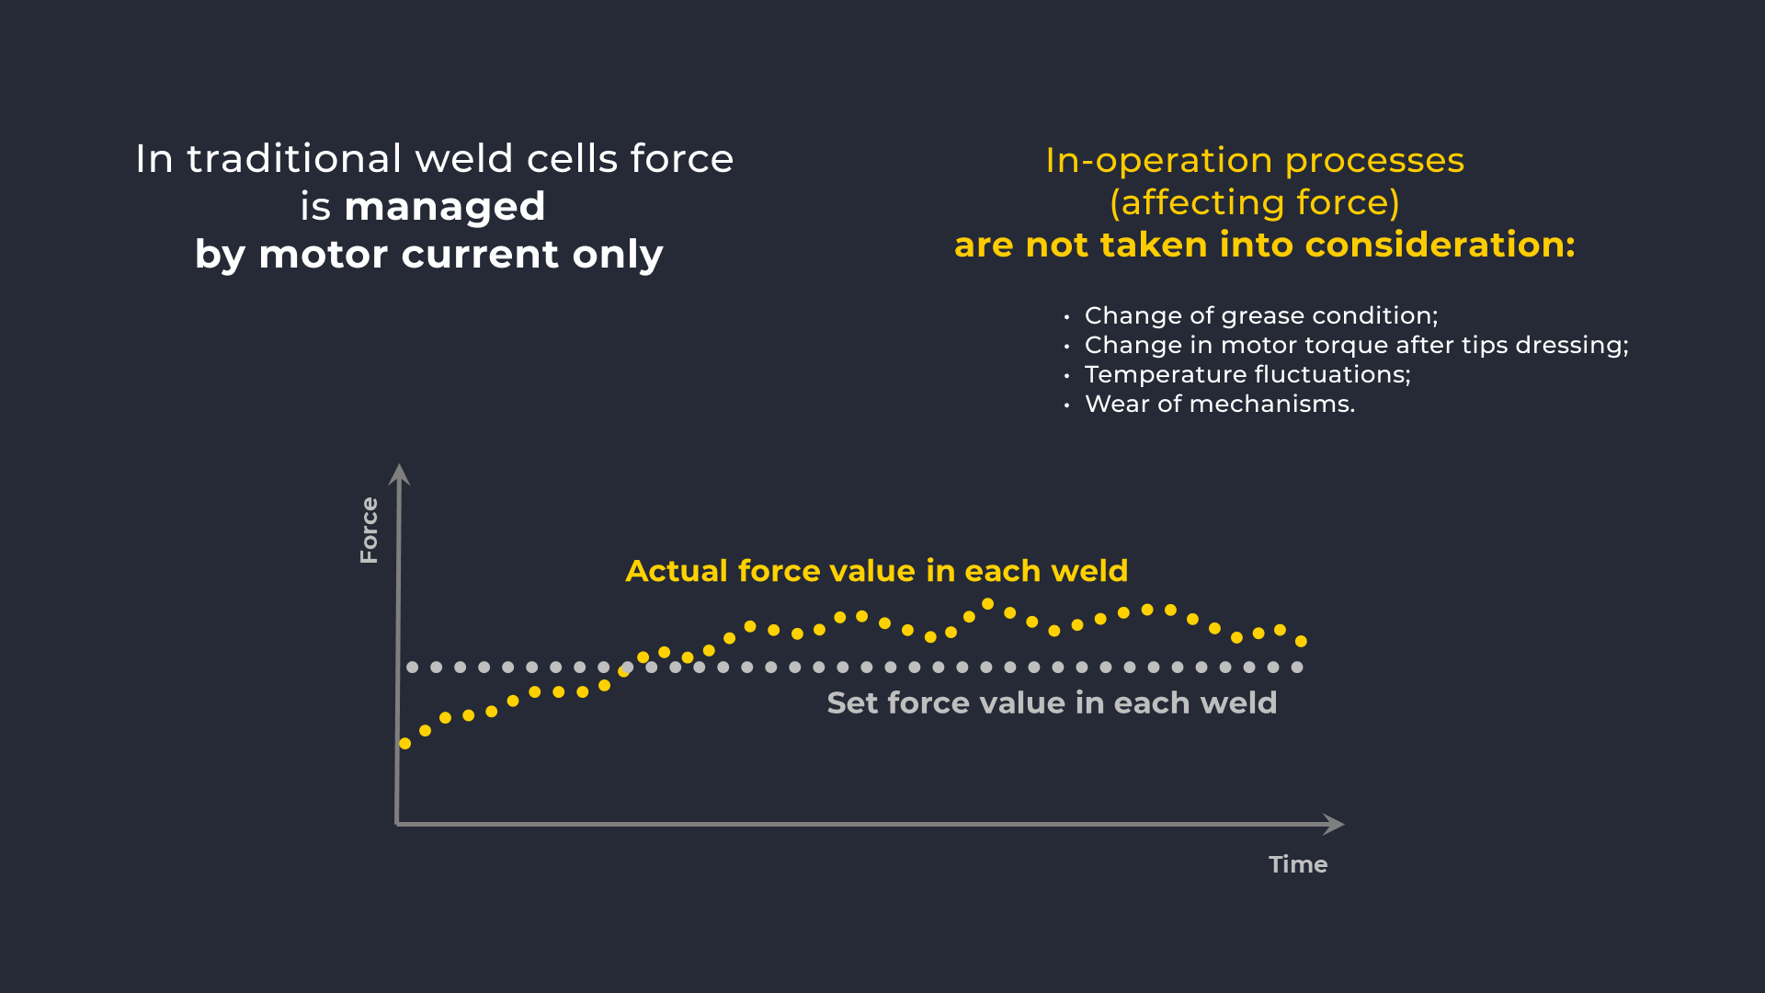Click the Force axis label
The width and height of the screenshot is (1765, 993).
click(369, 531)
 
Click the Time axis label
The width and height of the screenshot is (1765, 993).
click(1297, 864)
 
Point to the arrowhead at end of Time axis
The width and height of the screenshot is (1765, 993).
click(1334, 824)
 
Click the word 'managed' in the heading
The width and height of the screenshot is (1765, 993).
click(444, 207)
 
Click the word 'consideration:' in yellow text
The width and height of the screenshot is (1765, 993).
click(1440, 245)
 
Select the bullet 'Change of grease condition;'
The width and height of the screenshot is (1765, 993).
click(1260, 315)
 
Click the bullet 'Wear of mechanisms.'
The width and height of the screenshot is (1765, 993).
click(1219, 404)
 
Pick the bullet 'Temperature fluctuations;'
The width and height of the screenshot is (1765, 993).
click(1247, 374)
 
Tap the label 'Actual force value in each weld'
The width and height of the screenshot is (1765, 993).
click(876, 571)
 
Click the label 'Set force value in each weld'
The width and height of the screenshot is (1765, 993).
click(1051, 703)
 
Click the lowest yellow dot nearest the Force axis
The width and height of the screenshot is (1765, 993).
click(404, 743)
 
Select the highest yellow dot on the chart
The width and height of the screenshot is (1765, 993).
click(987, 604)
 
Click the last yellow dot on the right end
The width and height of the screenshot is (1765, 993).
click(1301, 641)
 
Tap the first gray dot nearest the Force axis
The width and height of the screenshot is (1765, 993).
click(413, 667)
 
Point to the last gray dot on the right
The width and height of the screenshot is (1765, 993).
click(1297, 667)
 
